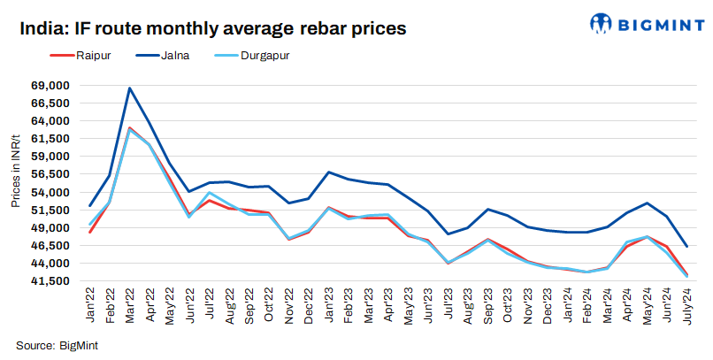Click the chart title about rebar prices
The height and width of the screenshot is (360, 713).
click(x=212, y=28)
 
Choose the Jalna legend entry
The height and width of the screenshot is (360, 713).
click(x=173, y=56)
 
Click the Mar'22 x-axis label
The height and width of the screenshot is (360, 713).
click(x=131, y=305)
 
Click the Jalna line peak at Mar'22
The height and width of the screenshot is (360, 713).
click(x=130, y=88)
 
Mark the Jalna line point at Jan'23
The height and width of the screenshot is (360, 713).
click(x=329, y=172)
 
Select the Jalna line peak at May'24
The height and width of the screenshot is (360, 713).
click(x=648, y=203)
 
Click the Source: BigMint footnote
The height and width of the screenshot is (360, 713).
click(x=57, y=345)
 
